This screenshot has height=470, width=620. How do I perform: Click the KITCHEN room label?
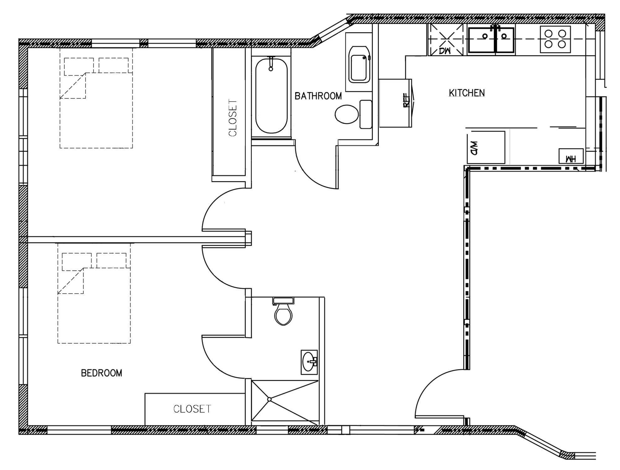467,93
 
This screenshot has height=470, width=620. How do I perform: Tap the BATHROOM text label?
318,96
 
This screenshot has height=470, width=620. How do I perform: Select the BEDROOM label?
101,373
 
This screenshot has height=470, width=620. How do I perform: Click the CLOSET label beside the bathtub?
233,118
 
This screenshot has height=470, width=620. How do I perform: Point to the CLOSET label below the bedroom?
192,409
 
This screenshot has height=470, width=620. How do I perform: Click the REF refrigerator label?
406,100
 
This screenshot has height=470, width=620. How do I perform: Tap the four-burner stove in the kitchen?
555,39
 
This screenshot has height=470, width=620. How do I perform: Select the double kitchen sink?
491,40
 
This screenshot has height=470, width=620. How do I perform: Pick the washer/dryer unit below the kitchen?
486,147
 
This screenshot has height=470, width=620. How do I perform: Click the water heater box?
571,156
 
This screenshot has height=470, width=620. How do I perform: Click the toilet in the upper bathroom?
353,114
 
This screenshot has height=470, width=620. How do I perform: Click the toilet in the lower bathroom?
283,311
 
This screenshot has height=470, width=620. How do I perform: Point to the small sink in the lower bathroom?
309,362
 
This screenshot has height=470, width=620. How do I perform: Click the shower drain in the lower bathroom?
269,399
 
